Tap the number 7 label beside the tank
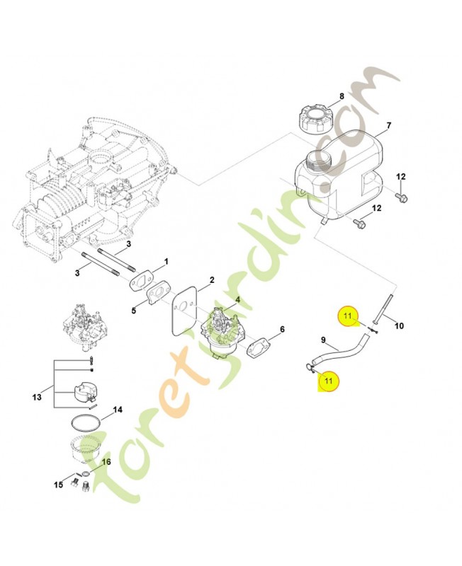pyautogui.click(x=388, y=127)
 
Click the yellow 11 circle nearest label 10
pyautogui.click(x=349, y=316)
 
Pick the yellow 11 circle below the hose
pyautogui.click(x=328, y=381)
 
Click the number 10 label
pyautogui.click(x=398, y=325)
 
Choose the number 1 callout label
pyautogui.click(x=167, y=261)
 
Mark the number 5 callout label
pyautogui.click(x=134, y=309)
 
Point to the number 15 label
pyautogui.click(x=59, y=485)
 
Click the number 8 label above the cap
pyautogui.click(x=342, y=96)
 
